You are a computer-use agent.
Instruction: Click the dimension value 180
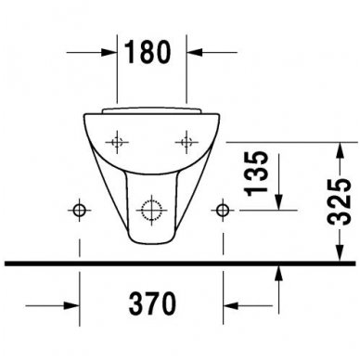coord(152,53)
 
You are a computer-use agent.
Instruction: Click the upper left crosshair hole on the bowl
coord(118,142)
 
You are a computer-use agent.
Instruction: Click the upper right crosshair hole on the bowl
coord(186,142)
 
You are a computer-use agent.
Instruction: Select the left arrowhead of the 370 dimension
coord(73,304)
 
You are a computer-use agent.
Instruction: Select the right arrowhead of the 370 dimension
coord(231,304)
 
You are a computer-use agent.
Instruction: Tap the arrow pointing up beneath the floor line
coord(280,274)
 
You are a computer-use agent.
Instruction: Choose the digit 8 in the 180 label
coord(152,53)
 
